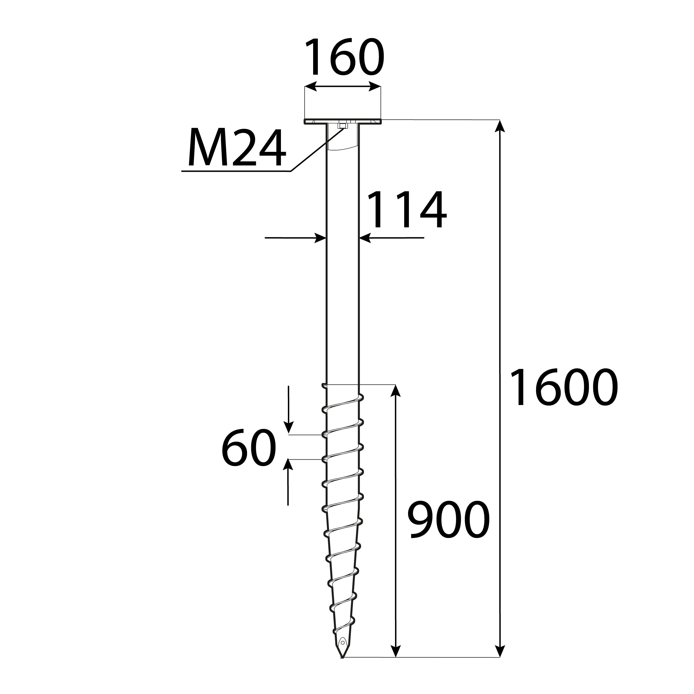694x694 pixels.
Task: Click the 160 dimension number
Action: tap(344, 57)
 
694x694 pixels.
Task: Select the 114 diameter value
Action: tap(407, 210)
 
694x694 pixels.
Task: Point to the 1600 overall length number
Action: tap(563, 388)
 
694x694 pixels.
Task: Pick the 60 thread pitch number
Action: tap(248, 448)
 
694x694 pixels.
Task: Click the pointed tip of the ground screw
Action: tap(342, 667)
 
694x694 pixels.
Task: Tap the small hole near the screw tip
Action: tap(343, 653)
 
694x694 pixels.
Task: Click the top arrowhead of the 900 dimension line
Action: tap(396, 391)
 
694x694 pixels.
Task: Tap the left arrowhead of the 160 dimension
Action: tap(311, 87)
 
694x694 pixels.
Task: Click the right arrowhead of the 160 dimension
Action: tap(375, 87)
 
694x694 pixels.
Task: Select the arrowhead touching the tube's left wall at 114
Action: tap(320, 238)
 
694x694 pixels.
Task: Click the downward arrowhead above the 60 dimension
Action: tap(288, 428)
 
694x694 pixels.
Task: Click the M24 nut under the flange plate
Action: tap(343, 126)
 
